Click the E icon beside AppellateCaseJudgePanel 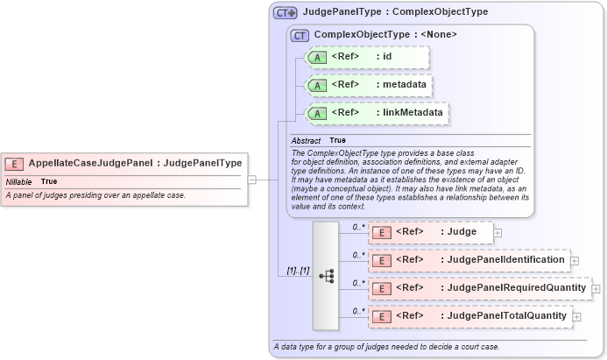click(15, 163)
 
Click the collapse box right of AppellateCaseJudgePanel click(251, 180)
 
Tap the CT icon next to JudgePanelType click(286, 12)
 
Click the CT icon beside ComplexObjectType click(300, 35)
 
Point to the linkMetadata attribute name click(411, 113)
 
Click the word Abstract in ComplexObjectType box click(307, 140)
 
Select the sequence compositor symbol click(326, 276)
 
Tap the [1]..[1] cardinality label click(299, 270)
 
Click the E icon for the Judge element click(382, 232)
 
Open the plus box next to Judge click(498, 233)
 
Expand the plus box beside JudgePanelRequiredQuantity click(596, 288)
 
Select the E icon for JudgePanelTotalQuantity click(382, 316)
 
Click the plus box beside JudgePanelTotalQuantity click(576, 316)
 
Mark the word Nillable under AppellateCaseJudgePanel click(19, 181)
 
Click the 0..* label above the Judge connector click(357, 227)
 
